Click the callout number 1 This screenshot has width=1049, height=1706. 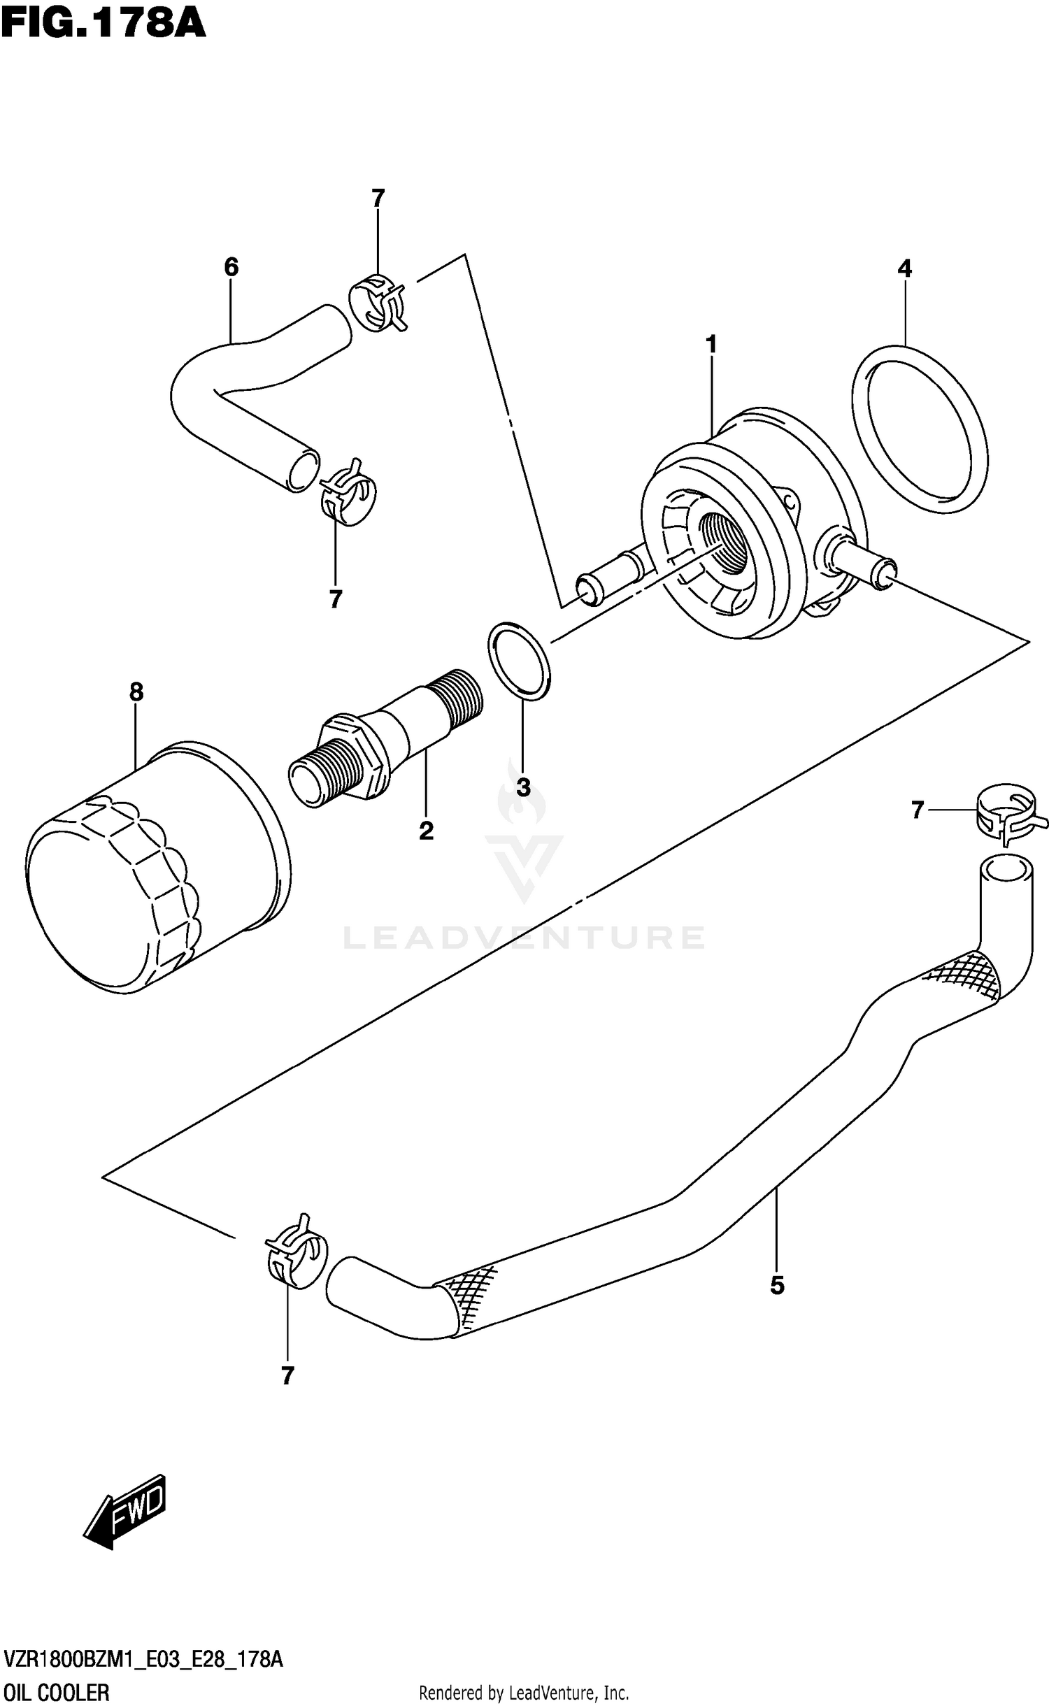point(711,345)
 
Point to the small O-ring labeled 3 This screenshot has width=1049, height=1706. point(519,660)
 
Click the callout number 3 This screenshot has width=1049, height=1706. point(523,787)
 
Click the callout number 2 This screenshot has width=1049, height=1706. point(426,831)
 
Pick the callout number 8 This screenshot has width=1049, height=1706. point(136,692)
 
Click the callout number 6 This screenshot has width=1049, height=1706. point(231,267)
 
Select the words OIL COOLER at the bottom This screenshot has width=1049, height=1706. point(57,1687)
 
